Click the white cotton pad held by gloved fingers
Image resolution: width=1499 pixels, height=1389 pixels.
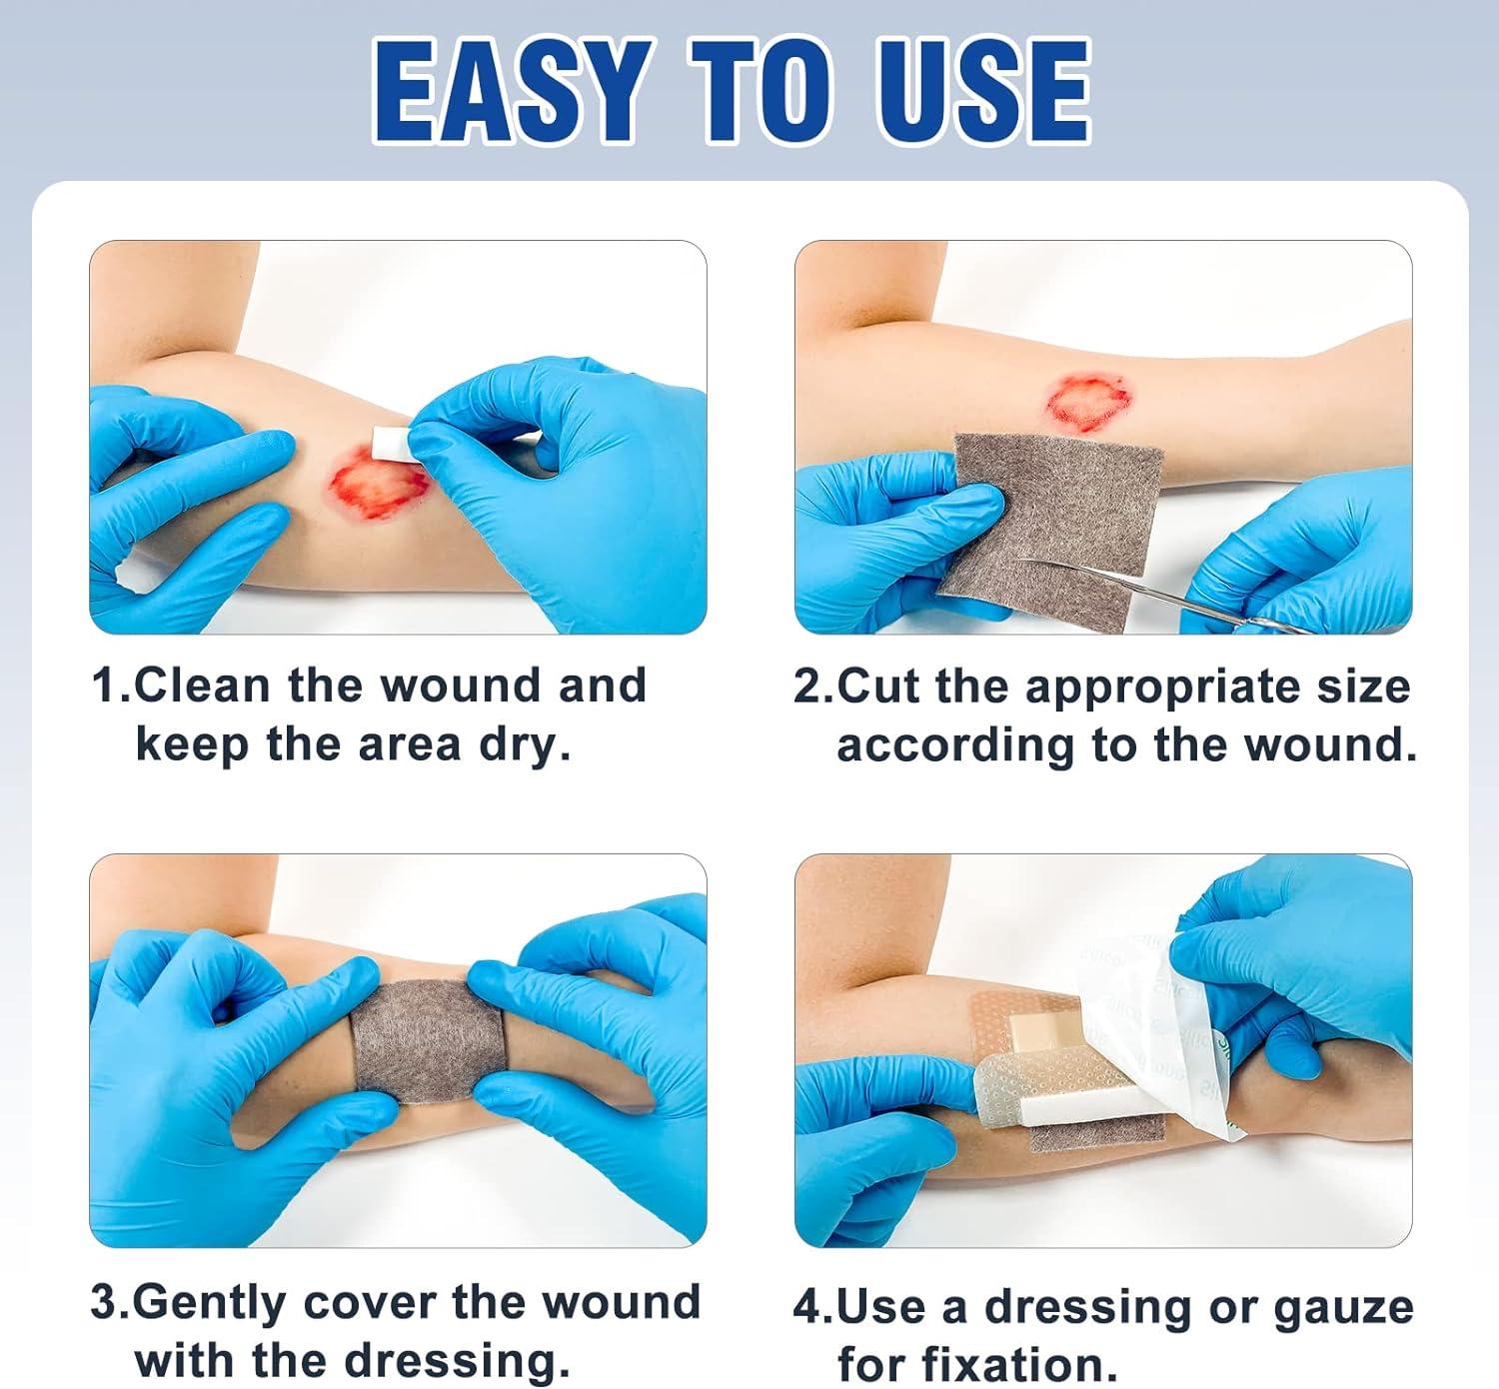click(390, 441)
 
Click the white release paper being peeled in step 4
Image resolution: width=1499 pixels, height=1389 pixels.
click(1159, 1029)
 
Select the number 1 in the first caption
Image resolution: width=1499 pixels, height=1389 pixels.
click(104, 687)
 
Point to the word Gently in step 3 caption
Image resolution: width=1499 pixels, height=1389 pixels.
click(211, 1304)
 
